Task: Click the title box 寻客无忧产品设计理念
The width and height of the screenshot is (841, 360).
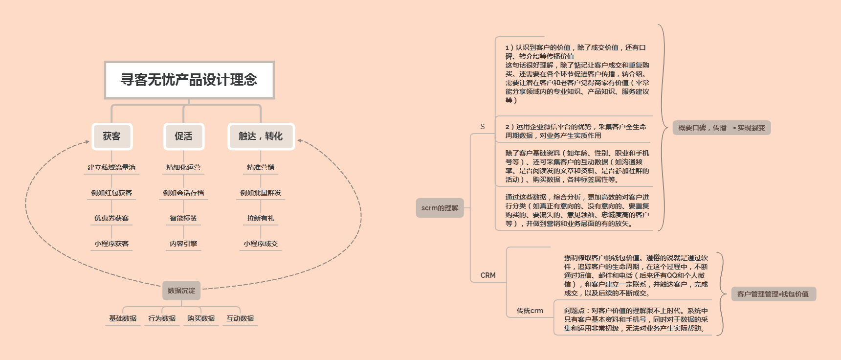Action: tap(189, 80)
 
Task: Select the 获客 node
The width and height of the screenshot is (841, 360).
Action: tap(112, 136)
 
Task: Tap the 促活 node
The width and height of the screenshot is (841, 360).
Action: tap(183, 136)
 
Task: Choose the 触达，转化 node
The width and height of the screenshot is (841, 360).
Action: tap(261, 136)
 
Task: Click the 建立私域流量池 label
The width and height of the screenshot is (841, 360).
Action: tap(111, 167)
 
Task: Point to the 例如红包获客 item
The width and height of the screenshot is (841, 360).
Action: tap(111, 193)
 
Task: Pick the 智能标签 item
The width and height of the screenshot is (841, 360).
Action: tap(183, 218)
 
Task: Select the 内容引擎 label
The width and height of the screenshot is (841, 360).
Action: tap(183, 244)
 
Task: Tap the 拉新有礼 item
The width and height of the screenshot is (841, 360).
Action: tap(261, 218)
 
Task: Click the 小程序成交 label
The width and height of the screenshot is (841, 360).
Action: tap(261, 244)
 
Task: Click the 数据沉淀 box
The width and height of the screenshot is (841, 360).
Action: tap(181, 291)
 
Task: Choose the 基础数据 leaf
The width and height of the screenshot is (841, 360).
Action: tap(123, 318)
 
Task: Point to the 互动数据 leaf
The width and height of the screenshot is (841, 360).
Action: tap(240, 318)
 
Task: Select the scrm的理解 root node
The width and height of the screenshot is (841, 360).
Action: tap(440, 208)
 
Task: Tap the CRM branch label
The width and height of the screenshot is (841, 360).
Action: tap(488, 275)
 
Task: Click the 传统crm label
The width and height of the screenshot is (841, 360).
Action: tap(530, 311)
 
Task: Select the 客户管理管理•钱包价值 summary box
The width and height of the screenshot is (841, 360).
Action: tap(773, 294)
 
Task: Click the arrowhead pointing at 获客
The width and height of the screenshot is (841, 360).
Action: tap(88, 142)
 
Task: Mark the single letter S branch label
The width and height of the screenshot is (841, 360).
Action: tap(483, 127)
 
